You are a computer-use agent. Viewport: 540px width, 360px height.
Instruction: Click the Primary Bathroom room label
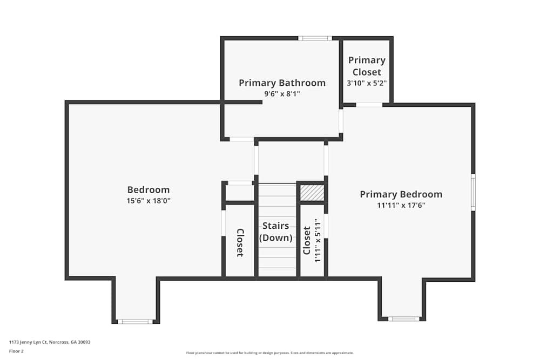tap(282, 83)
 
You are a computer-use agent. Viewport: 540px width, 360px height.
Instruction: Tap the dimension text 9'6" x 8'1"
tap(282, 93)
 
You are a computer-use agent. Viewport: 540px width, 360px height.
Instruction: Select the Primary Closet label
tap(367, 66)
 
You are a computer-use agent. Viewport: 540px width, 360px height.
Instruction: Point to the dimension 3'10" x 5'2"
tap(367, 83)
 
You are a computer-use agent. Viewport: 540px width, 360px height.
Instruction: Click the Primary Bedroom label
tap(401, 194)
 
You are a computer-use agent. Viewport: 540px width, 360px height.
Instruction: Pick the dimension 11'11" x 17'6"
tap(401, 206)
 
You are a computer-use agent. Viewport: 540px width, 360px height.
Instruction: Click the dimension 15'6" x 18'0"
tap(149, 201)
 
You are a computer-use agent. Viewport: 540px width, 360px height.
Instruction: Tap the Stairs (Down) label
tap(276, 232)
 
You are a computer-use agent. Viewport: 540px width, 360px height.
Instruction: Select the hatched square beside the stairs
tap(312, 193)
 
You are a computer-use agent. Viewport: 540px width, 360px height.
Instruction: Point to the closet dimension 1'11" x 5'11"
tap(318, 240)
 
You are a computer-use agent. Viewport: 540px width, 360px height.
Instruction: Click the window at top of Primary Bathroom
tap(315, 38)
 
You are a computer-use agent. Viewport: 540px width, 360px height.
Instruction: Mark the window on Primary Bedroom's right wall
tap(473, 192)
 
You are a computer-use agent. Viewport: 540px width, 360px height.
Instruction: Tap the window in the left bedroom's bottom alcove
tap(135, 322)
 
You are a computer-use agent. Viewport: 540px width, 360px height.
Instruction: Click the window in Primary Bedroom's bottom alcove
tap(403, 318)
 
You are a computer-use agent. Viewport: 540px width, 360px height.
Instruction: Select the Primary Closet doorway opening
tap(369, 105)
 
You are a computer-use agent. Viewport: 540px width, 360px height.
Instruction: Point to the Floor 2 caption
tap(16, 351)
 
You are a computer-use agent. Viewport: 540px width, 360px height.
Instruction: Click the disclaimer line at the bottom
tap(269, 353)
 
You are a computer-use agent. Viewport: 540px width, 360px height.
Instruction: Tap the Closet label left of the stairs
tap(240, 243)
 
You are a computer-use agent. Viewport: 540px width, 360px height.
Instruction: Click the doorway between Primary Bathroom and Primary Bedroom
tap(341, 121)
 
